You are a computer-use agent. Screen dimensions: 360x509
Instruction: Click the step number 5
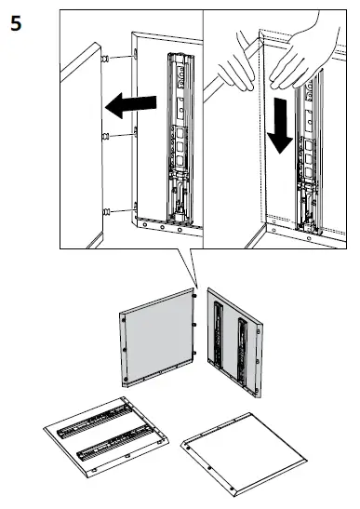pyautogui.click(x=16, y=24)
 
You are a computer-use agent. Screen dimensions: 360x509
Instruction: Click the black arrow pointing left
pyautogui.click(x=131, y=105)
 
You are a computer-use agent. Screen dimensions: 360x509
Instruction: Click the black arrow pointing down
pyautogui.click(x=279, y=126)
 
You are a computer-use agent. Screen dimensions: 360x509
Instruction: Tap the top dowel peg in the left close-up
pyautogui.click(x=105, y=59)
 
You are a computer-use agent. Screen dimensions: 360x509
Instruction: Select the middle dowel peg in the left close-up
pyautogui.click(x=105, y=137)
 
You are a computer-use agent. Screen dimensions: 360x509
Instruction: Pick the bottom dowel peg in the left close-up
pyautogui.click(x=106, y=212)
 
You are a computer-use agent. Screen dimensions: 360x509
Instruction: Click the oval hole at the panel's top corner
pyautogui.click(x=135, y=53)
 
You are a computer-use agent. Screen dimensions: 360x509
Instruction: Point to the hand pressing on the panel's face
pyautogui.click(x=302, y=55)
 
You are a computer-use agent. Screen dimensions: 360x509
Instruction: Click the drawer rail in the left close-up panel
pyautogui.click(x=180, y=139)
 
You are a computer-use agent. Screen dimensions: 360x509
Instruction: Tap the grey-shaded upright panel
pyautogui.click(x=158, y=338)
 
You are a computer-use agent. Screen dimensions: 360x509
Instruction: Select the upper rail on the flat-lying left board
pyautogui.click(x=96, y=421)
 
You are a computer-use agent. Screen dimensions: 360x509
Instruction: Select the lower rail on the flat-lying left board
pyautogui.click(x=115, y=444)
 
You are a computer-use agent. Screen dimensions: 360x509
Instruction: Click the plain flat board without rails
pyautogui.click(x=244, y=454)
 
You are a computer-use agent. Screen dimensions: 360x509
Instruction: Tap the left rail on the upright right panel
pyautogui.click(x=219, y=335)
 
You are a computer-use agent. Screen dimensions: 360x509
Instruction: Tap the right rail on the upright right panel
pyautogui.click(x=243, y=354)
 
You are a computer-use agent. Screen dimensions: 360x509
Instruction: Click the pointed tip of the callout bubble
pyautogui.click(x=197, y=288)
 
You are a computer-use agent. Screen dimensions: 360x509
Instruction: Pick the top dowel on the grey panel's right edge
pyautogui.click(x=194, y=296)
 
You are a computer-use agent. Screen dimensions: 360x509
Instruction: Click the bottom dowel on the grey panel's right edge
pyautogui.click(x=194, y=353)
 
